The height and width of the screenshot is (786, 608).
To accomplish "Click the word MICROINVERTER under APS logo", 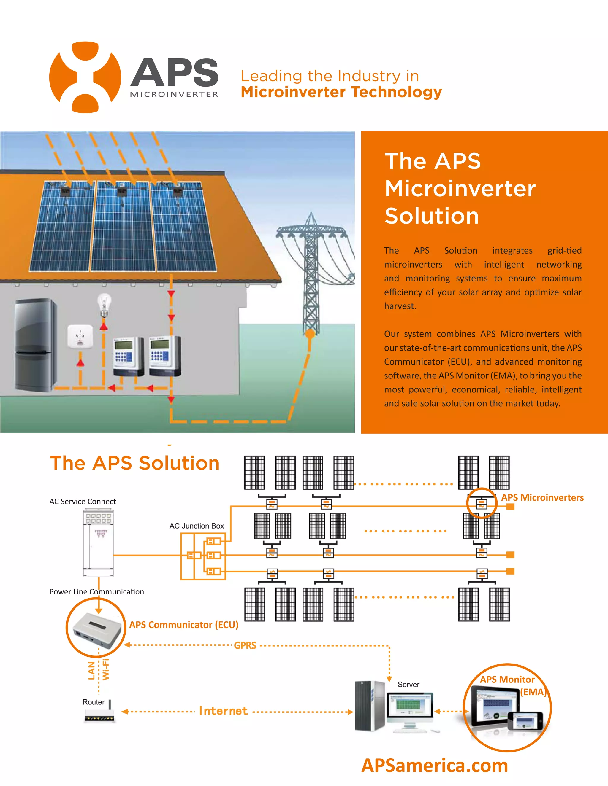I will pyautogui.click(x=174, y=95).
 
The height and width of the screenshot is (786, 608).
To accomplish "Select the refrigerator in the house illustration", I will pyautogui.click(x=35, y=344).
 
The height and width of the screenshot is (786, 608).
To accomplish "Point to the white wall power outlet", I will pyautogui.click(x=80, y=337).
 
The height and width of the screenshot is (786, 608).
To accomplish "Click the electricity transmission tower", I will pyautogui.click(x=311, y=273).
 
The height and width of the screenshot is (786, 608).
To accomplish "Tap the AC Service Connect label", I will pyautogui.click(x=83, y=501).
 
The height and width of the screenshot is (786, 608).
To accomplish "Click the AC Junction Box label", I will pyautogui.click(x=197, y=526).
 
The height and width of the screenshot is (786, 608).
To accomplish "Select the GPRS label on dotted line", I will pyautogui.click(x=245, y=645).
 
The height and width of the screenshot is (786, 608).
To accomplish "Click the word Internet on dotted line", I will pyautogui.click(x=223, y=711).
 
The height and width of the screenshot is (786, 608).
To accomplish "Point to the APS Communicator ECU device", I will pyautogui.click(x=96, y=628).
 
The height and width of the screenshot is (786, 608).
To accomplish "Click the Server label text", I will pyautogui.click(x=408, y=684).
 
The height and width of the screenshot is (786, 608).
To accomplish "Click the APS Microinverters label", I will pyautogui.click(x=542, y=497).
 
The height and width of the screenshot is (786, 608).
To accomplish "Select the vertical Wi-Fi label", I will pyautogui.click(x=105, y=669).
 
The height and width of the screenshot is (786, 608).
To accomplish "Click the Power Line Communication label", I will pyautogui.click(x=96, y=592).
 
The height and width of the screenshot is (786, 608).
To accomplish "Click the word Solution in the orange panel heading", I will pyautogui.click(x=431, y=216).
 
